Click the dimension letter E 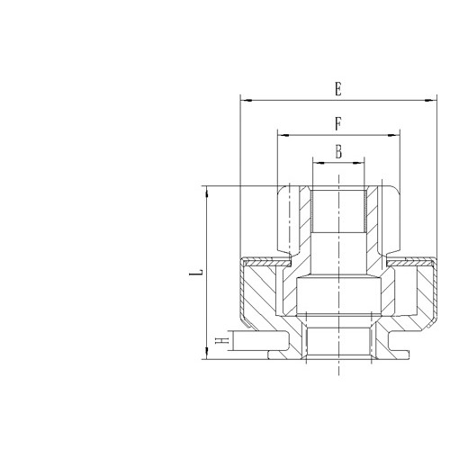pyautogui.click(x=337, y=88)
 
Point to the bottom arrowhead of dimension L pyautogui.click(x=207, y=356)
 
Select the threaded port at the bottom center pyautogui.click(x=338, y=341)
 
